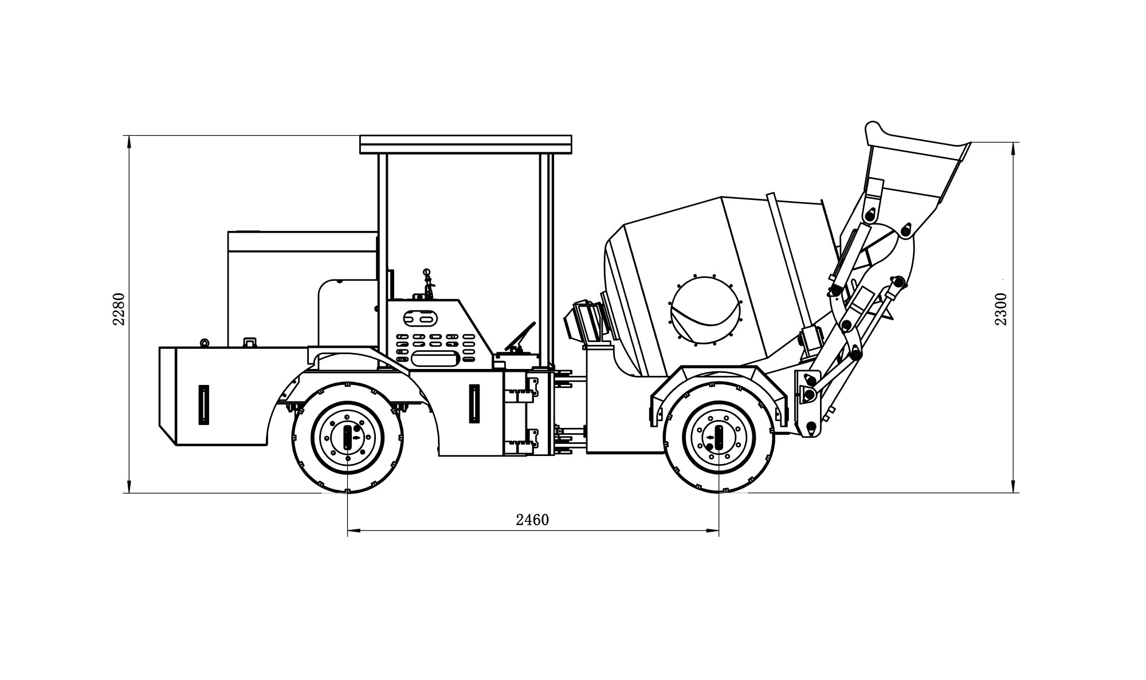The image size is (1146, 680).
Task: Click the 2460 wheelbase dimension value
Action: tap(532, 520)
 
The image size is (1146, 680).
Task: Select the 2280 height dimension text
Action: tap(119, 309)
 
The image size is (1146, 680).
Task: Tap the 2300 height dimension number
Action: tap(1000, 309)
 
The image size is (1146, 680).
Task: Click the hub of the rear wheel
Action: tap(348, 438)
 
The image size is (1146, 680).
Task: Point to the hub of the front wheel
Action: tap(719, 438)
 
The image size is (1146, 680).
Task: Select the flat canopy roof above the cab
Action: tap(465, 144)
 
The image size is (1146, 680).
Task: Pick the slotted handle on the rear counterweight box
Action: tap(203, 404)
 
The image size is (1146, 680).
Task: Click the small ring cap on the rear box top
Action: tap(203, 343)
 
